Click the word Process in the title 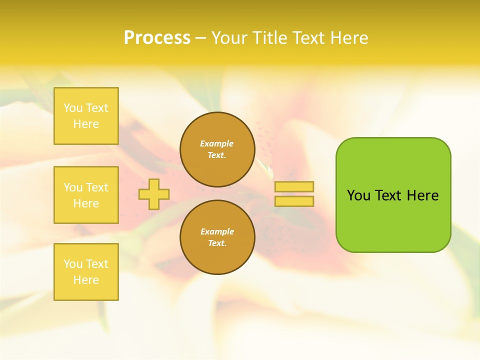tap(157, 38)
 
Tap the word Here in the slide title tap(348, 38)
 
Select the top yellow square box tap(86, 116)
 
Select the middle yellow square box tap(86, 195)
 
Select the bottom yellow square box tap(86, 272)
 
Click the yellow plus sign tap(154, 194)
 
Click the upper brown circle tap(217, 149)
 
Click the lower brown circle tap(217, 237)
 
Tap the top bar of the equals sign tap(294, 186)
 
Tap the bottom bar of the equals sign tap(294, 201)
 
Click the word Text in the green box tap(388, 195)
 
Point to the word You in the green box tap(358, 195)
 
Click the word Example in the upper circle tap(217, 143)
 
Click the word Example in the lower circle tap(217, 231)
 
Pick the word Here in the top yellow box tap(86, 124)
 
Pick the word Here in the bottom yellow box tap(86, 280)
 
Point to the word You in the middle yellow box tap(73, 187)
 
